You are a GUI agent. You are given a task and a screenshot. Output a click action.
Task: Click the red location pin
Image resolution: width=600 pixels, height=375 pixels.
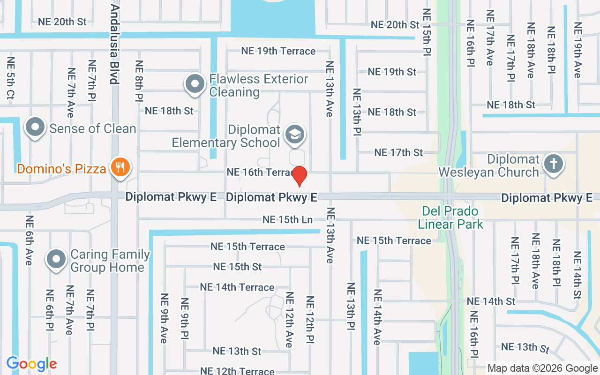[x=299, y=176]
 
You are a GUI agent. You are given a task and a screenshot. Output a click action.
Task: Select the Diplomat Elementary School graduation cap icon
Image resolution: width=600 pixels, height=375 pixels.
[x=295, y=134]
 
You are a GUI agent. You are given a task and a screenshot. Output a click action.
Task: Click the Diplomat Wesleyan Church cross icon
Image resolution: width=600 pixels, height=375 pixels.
[x=553, y=164]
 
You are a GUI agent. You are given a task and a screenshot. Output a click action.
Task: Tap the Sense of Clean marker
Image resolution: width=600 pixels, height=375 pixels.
[x=35, y=127]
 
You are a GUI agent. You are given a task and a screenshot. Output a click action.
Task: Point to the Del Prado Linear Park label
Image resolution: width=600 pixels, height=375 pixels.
[x=450, y=217]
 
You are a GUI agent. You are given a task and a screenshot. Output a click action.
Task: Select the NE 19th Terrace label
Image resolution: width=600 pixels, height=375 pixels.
[x=278, y=51]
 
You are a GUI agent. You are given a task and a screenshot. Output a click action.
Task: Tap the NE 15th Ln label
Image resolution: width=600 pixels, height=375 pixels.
[x=287, y=219]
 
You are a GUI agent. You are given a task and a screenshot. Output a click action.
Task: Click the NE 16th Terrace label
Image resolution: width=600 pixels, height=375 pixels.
[x=259, y=172]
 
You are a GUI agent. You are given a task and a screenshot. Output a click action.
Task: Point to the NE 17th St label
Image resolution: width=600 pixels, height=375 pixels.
[x=398, y=152]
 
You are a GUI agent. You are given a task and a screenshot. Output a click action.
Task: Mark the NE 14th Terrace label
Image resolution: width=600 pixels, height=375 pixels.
[x=237, y=287]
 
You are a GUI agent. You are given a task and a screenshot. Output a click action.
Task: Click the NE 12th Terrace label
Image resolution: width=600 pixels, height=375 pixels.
[x=237, y=371]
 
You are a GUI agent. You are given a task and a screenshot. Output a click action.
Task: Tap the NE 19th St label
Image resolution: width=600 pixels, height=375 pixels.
[x=392, y=72]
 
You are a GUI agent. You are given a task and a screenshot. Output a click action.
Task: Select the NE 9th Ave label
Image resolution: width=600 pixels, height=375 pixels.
[x=164, y=318]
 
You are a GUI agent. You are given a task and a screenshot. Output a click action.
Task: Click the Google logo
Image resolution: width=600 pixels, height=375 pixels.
[x=31, y=364]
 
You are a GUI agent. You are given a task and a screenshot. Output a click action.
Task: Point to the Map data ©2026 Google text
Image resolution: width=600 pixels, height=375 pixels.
[x=542, y=368]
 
